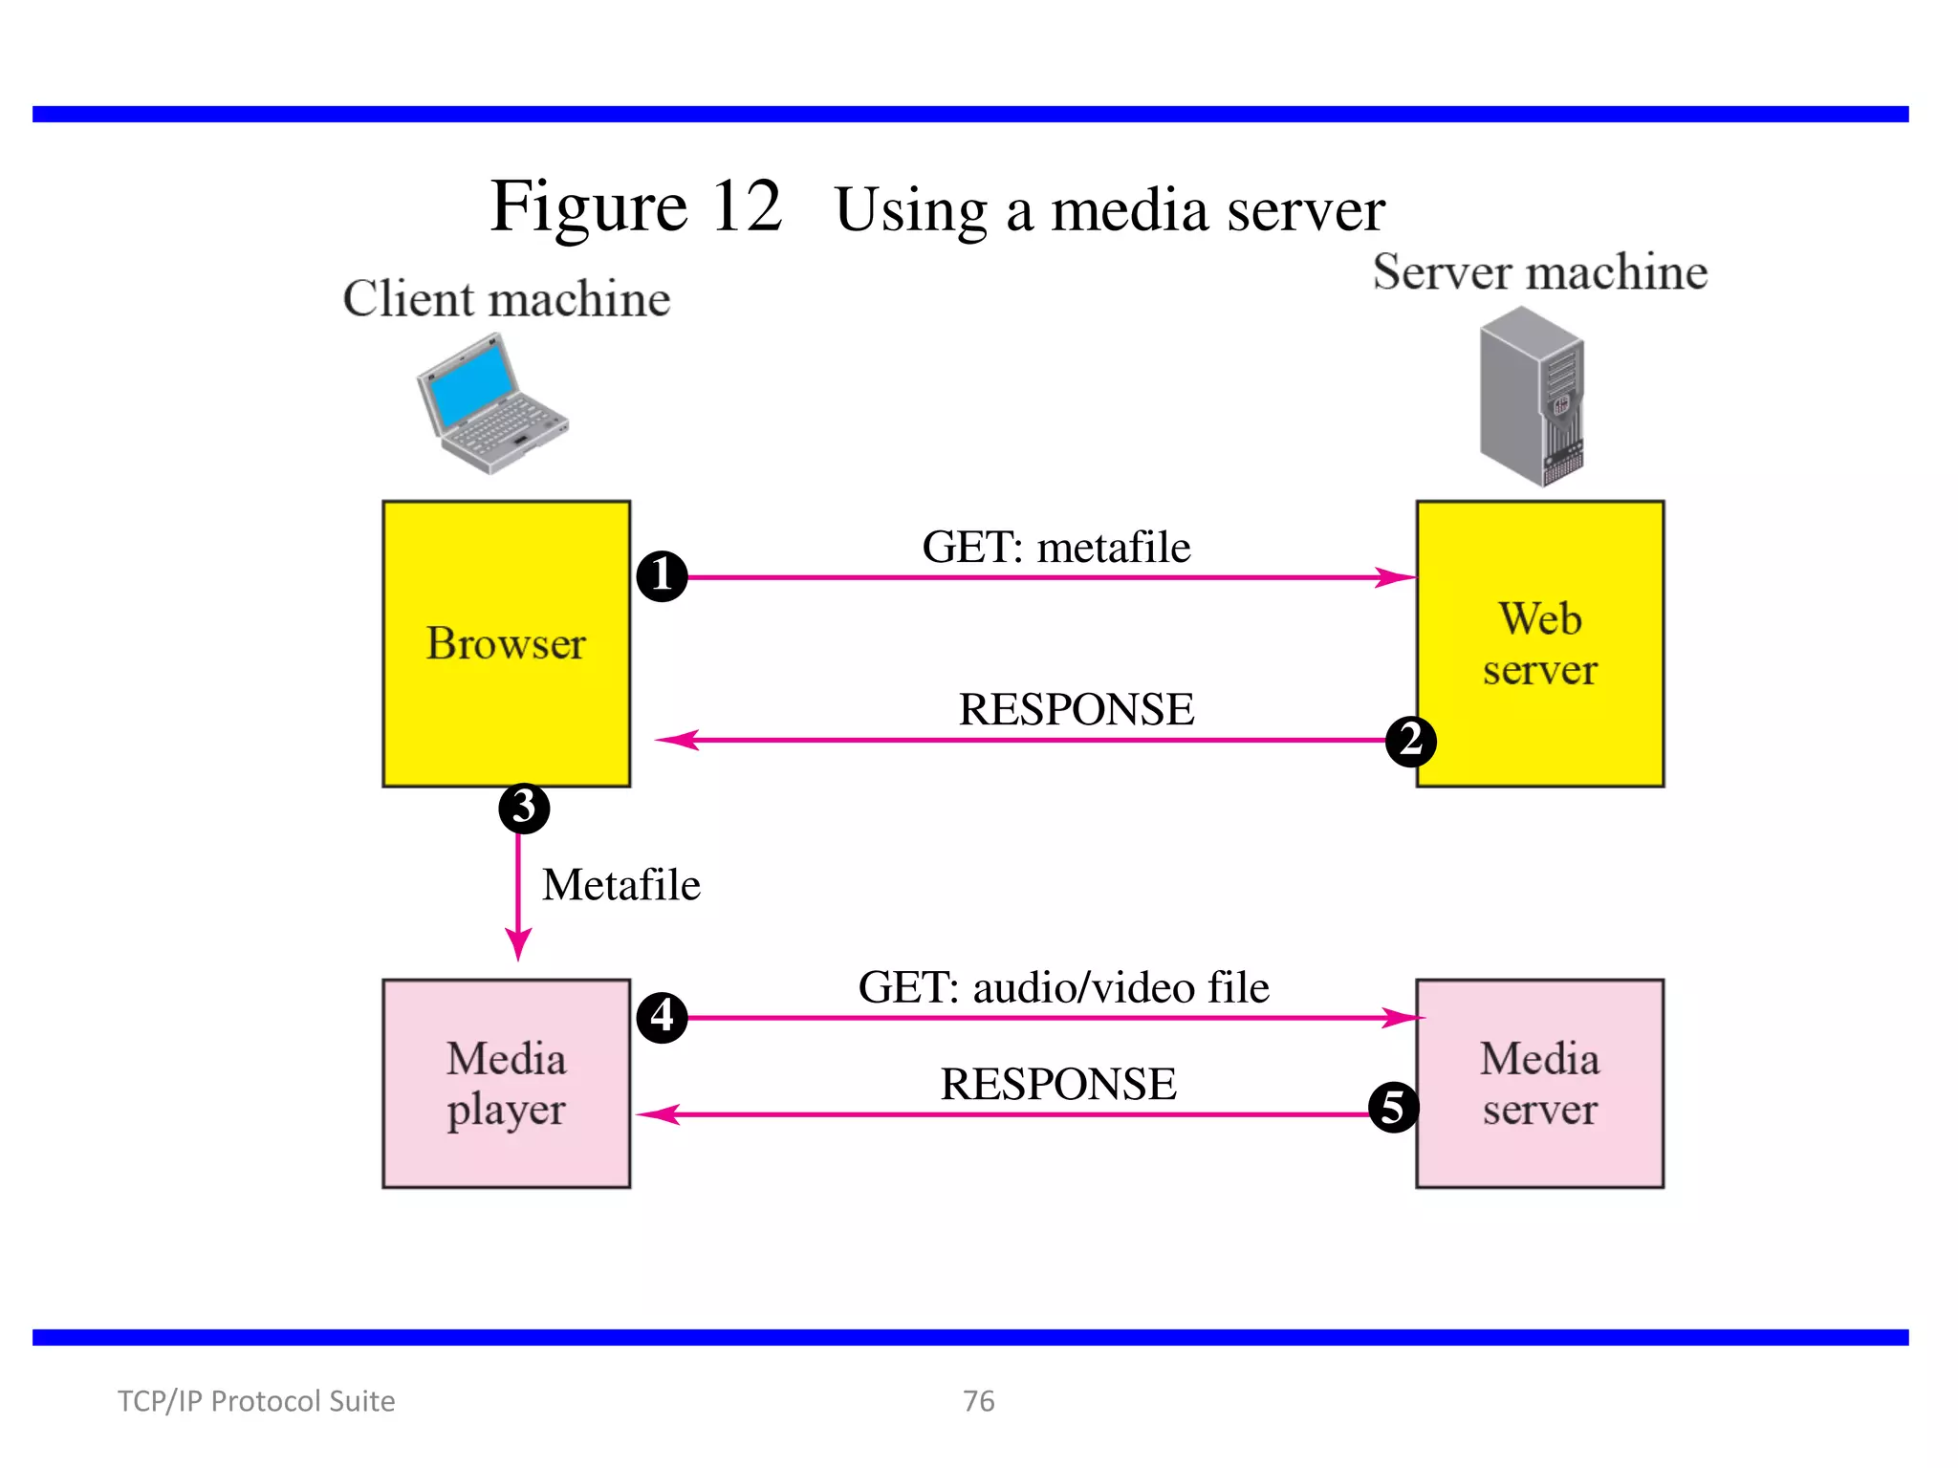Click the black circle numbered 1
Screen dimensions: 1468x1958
662,575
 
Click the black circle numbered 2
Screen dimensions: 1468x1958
1410,741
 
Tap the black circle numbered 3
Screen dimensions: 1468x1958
524,808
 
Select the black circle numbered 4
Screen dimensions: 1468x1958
662,1016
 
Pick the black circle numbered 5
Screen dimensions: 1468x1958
1393,1107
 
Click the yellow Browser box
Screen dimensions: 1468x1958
506,643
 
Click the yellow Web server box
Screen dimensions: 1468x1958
1539,643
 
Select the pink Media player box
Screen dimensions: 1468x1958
506,1083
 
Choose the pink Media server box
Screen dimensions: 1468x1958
1539,1083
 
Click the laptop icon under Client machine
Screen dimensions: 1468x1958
491,404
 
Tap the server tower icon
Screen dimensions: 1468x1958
1532,397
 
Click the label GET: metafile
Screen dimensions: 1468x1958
1055,548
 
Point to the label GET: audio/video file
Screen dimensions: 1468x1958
1063,987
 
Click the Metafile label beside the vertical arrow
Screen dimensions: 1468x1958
620,885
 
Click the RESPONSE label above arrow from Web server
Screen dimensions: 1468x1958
1076,709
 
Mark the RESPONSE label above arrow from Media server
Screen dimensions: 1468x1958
1057,1084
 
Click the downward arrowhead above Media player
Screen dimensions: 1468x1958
518,945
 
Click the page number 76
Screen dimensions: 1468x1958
978,1400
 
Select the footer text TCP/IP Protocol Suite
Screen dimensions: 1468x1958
256,1400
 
